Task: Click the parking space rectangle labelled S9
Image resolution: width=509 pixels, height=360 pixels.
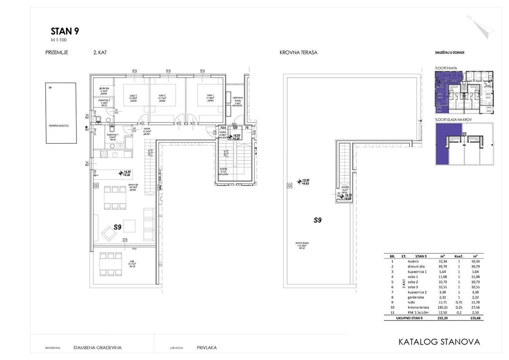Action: coord(61,113)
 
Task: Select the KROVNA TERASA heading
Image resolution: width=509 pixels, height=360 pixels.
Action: coord(298,52)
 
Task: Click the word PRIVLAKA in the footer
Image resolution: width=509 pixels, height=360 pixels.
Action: coord(207,348)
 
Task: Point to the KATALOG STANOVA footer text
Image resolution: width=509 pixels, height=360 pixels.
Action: coord(439,342)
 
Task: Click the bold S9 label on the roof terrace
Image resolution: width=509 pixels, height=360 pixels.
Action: coord(318,219)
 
